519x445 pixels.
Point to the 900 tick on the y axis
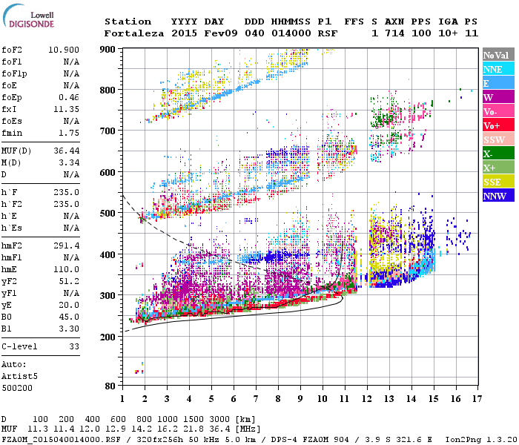108,49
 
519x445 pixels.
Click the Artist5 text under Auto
19,376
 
